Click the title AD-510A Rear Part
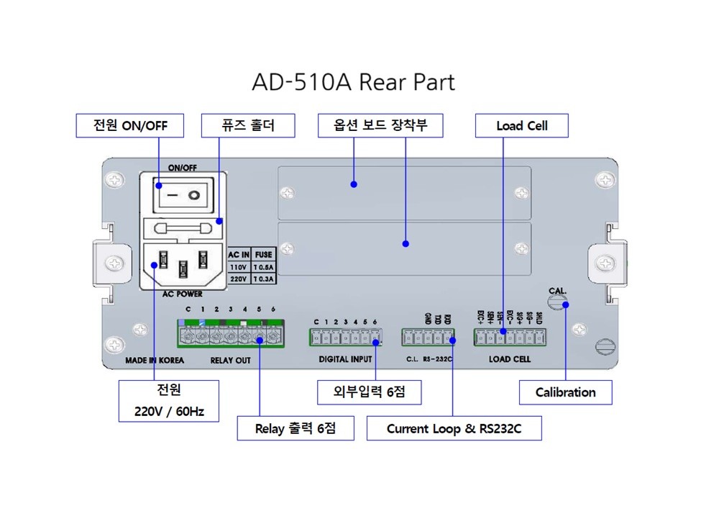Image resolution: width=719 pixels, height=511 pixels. click(353, 82)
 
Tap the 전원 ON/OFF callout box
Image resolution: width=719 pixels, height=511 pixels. click(130, 125)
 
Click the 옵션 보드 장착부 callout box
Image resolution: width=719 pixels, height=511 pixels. click(380, 125)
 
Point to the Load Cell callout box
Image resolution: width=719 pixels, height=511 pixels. click(522, 125)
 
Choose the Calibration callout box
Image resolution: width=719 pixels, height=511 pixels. click(566, 392)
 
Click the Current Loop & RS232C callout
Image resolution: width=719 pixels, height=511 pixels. click(454, 429)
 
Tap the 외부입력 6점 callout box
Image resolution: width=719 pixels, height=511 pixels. click(370, 392)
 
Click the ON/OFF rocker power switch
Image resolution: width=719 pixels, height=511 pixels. click(183, 195)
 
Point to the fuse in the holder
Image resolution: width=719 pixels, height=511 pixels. click(183, 228)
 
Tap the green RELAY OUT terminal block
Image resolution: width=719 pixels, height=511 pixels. click(232, 335)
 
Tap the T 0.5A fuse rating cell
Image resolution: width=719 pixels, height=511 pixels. click(265, 266)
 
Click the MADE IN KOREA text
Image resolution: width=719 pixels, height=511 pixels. click(155, 360)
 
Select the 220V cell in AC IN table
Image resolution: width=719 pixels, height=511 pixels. click(239, 278)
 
